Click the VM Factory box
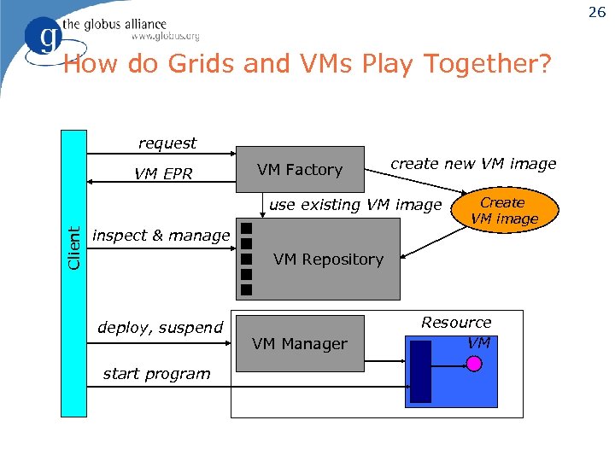tap(299, 170)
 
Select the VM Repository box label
tap(328, 260)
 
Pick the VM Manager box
tap(299, 344)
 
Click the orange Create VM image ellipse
tap(503, 211)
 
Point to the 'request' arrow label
tap(167, 143)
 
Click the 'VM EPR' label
tap(163, 175)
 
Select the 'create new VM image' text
tap(473, 164)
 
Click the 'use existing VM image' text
tap(355, 205)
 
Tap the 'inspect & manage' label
tap(161, 236)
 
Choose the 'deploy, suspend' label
tap(160, 328)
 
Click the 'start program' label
tap(156, 374)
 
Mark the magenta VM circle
tap(475, 363)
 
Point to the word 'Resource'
tap(456, 323)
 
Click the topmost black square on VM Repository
tap(246, 229)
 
